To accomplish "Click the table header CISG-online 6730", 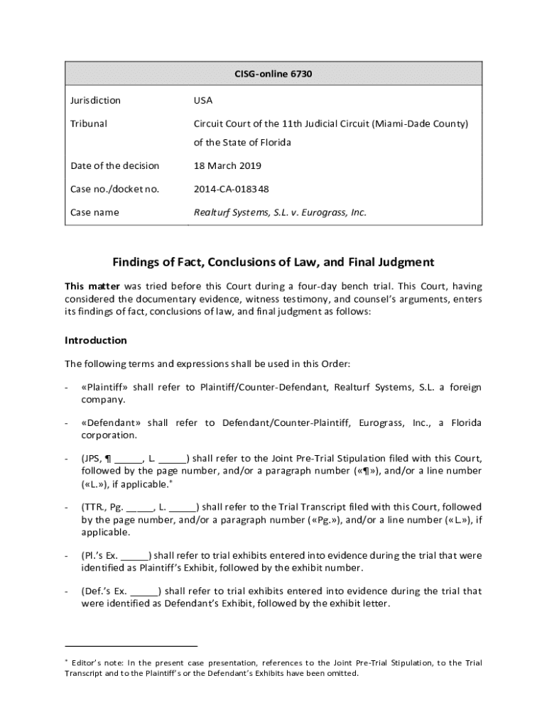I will [273, 73].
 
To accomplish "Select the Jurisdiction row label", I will [95, 100].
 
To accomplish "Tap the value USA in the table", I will [203, 100].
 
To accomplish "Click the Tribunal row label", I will [89, 124].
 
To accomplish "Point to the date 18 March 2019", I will [227, 165].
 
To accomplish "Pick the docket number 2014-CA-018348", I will [232, 189].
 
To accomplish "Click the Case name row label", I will [94, 212].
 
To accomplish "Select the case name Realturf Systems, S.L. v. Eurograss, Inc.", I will [281, 212].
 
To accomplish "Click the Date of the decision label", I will [114, 165].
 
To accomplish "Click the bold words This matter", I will [90, 286].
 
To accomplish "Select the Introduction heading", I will [96, 340].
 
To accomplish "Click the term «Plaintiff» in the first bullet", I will [104, 387].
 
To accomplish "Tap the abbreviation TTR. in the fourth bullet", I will [94, 507].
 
